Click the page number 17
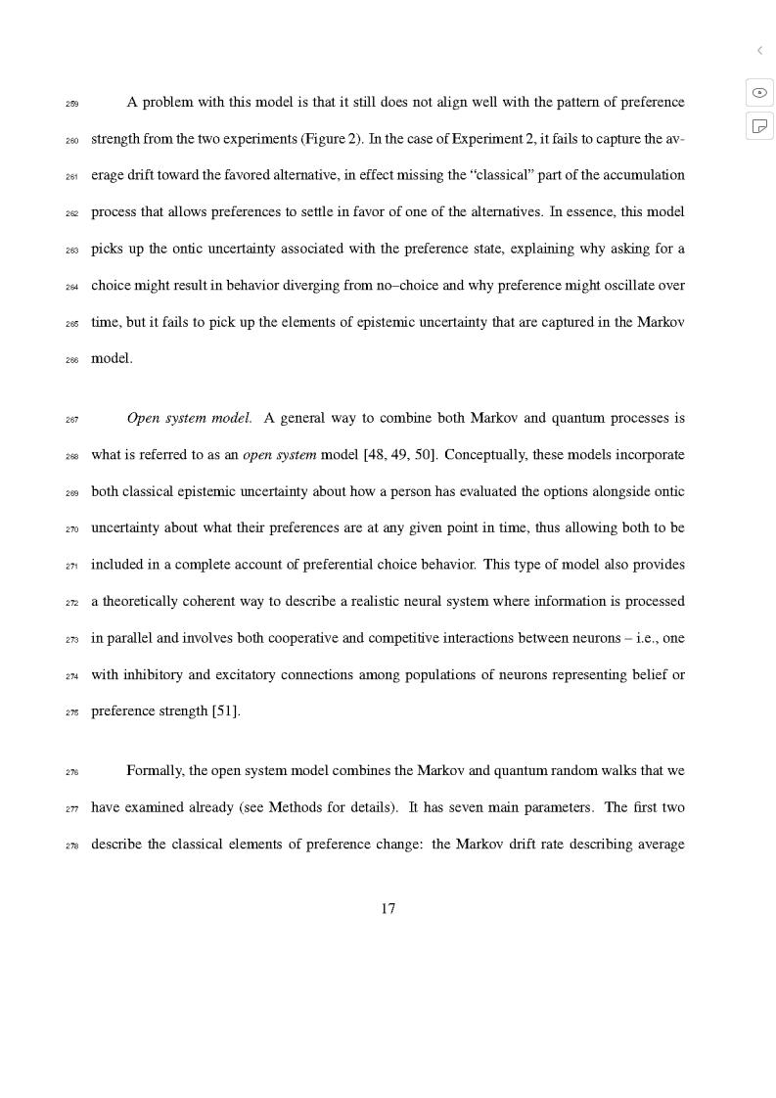(x=388, y=909)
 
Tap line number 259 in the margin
(x=72, y=103)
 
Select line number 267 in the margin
(x=72, y=419)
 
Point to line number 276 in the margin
(x=72, y=771)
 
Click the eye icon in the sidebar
(x=759, y=92)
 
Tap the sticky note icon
(x=759, y=125)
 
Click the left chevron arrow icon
(x=759, y=50)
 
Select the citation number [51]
(x=226, y=711)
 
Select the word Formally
(x=155, y=771)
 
